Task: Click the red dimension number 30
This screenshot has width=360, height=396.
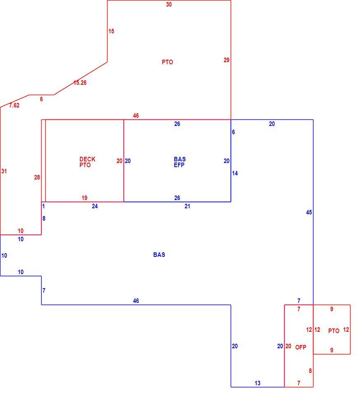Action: [169, 4]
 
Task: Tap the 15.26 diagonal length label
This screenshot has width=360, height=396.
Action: [80, 83]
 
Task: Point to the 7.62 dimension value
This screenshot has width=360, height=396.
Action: [14, 105]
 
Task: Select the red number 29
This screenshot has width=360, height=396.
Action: [227, 60]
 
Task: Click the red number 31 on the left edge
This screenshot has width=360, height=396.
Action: [4, 171]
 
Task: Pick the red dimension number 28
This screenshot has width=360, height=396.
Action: [37, 177]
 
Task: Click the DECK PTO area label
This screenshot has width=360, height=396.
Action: [87, 162]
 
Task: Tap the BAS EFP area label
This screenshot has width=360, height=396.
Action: [180, 162]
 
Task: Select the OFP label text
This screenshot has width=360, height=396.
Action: [301, 347]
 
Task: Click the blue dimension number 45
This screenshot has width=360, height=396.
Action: [309, 212]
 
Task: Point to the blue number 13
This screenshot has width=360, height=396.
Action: [257, 383]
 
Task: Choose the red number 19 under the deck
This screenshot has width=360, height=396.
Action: [84, 198]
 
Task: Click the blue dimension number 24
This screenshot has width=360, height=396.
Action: [94, 206]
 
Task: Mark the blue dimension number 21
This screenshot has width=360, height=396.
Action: [187, 206]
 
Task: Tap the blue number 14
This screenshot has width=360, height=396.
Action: [235, 173]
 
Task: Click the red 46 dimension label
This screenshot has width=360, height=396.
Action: [136, 116]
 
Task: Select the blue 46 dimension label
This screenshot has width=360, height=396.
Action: [136, 301]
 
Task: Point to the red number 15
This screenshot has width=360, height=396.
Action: [111, 31]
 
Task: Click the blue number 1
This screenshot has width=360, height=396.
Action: [43, 206]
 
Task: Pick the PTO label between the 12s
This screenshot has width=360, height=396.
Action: [334, 331]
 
